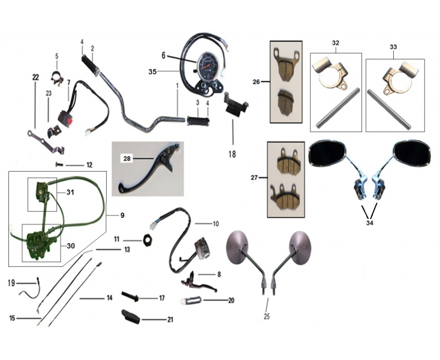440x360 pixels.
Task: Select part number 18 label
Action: (x=232, y=154)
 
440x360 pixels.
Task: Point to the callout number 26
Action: (x=257, y=83)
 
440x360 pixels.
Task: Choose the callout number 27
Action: (x=255, y=178)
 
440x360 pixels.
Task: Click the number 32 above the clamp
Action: (x=335, y=43)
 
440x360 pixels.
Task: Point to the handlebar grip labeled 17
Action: (x=131, y=296)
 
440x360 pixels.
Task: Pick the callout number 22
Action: (x=35, y=77)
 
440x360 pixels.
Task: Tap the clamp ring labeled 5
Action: (x=57, y=77)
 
